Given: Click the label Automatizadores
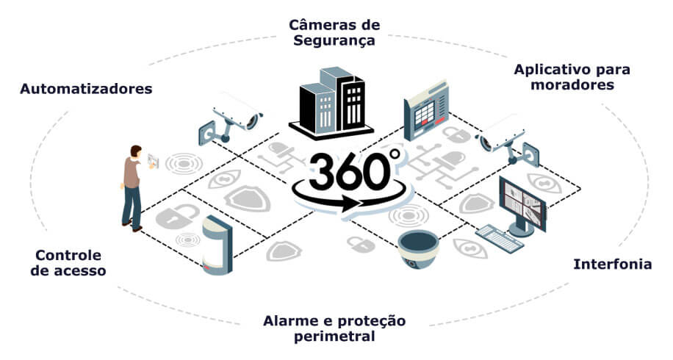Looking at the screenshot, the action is point(86,89).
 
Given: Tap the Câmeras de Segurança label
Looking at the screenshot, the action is point(334,32).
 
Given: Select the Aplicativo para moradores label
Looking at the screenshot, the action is point(572,77).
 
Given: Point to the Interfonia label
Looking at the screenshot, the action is point(613,264).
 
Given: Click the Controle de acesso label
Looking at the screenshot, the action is point(68,262).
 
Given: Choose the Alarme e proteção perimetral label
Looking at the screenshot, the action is point(334,328).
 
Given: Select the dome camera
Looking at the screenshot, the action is point(418,249).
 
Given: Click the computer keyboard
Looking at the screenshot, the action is point(500,239).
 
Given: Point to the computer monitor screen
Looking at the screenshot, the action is point(522,203).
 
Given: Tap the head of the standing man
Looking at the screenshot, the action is point(136,151).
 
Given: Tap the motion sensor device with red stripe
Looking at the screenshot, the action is point(217,245).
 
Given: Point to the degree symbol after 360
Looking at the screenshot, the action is point(395,154).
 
